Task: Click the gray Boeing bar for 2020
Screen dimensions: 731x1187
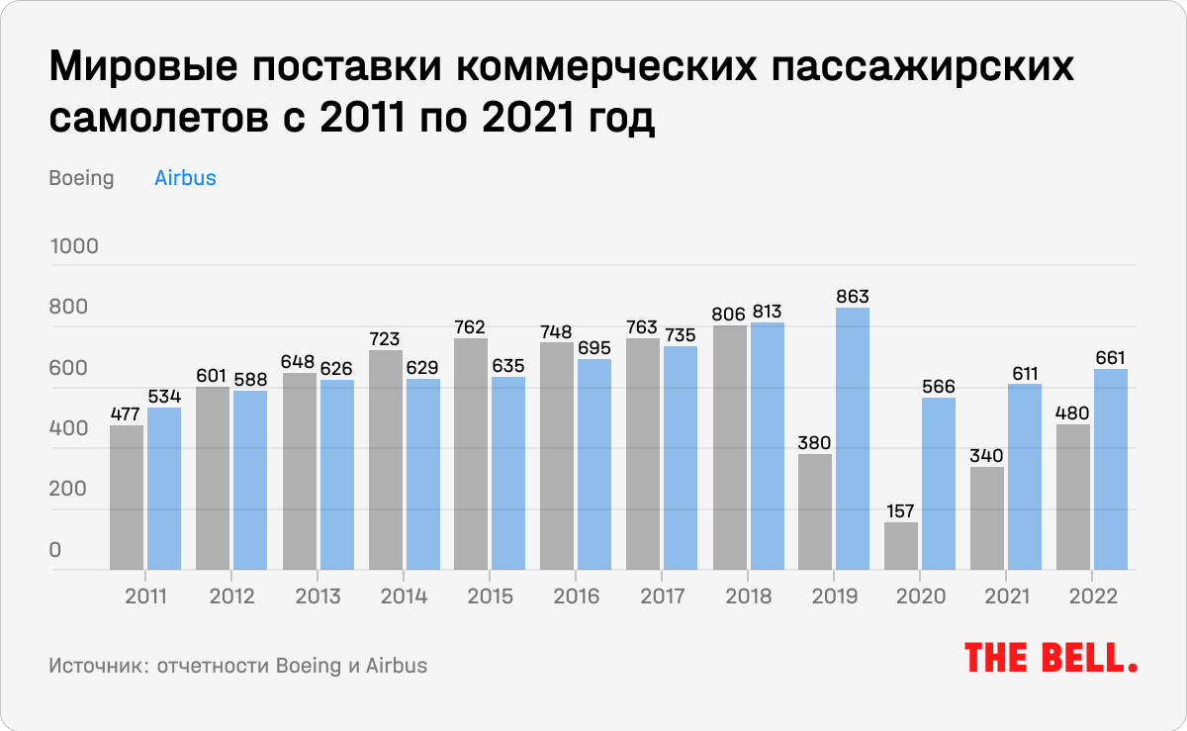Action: click(x=901, y=546)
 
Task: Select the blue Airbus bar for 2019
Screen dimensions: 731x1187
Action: click(x=852, y=439)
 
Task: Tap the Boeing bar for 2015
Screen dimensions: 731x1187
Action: click(x=471, y=454)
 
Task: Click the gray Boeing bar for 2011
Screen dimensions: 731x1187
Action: click(x=127, y=498)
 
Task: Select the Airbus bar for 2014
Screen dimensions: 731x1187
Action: click(x=422, y=475)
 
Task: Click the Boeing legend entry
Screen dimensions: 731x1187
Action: click(x=81, y=179)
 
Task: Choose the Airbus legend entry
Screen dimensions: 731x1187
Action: click(x=185, y=179)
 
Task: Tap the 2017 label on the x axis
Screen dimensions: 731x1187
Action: click(x=663, y=597)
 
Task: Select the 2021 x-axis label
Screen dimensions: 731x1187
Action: click(x=1007, y=597)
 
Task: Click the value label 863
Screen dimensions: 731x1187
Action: click(x=852, y=296)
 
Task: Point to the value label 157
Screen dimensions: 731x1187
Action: click(x=901, y=510)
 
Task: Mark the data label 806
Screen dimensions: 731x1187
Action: click(x=730, y=314)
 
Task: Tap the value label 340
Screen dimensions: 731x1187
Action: click(x=987, y=455)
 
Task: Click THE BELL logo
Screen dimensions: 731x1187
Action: click(x=1050, y=659)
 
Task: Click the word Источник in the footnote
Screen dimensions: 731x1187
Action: click(x=94, y=665)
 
